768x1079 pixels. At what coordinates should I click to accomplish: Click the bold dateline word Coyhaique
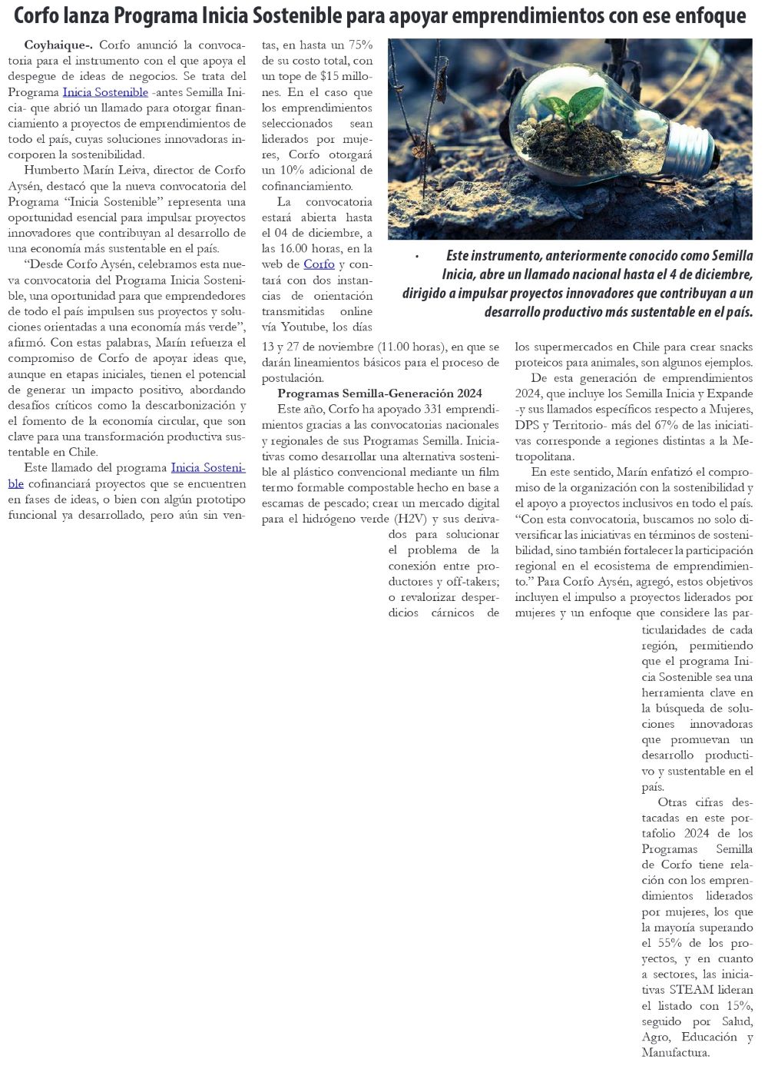[57, 45]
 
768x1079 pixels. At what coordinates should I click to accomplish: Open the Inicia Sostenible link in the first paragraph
[105, 92]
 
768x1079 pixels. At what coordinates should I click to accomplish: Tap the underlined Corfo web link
[319, 264]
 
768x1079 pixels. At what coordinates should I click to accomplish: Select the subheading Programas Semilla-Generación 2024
[379, 393]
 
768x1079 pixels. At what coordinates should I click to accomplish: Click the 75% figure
[359, 45]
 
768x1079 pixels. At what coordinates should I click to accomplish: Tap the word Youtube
[292, 327]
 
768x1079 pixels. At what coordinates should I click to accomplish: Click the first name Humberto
[50, 171]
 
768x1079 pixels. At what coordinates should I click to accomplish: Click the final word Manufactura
[675, 1053]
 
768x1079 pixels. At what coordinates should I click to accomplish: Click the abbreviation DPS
[529, 425]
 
